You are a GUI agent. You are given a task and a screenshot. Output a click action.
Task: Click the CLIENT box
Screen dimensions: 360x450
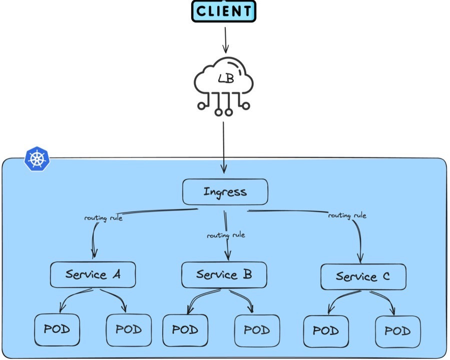pyautogui.click(x=224, y=11)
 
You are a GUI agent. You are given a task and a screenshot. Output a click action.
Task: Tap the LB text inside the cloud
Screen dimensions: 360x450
pyautogui.click(x=225, y=78)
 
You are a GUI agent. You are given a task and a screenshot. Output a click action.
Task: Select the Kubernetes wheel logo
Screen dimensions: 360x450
pyautogui.click(x=37, y=159)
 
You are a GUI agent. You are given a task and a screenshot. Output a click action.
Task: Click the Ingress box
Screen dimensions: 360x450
pyautogui.click(x=225, y=192)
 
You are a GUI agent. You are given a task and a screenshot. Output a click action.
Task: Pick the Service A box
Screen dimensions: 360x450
pyautogui.click(x=93, y=274)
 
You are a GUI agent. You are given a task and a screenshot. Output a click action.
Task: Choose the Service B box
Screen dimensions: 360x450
pyautogui.click(x=224, y=274)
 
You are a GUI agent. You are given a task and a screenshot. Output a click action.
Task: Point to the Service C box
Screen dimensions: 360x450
pyautogui.click(x=363, y=276)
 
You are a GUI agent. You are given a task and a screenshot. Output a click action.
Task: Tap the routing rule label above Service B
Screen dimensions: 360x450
pyautogui.click(x=226, y=235)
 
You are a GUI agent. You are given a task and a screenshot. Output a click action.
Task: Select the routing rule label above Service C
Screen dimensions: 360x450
pyautogui.click(x=347, y=215)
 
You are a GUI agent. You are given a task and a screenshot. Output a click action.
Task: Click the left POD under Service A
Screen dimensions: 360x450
pyautogui.click(x=57, y=330)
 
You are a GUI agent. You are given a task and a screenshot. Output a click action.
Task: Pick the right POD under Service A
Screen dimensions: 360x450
pyautogui.click(x=129, y=330)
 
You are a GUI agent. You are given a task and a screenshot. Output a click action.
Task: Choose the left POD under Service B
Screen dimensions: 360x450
pyautogui.click(x=185, y=330)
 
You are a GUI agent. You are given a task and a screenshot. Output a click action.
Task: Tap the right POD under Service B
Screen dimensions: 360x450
pyautogui.click(x=257, y=330)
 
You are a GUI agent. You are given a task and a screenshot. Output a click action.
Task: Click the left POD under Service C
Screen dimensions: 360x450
pyautogui.click(x=326, y=331)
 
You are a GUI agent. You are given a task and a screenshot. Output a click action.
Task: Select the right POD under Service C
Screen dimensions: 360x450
pyautogui.click(x=398, y=331)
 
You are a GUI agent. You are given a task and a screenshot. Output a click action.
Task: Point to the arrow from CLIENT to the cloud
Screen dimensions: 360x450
pyautogui.click(x=225, y=39)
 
